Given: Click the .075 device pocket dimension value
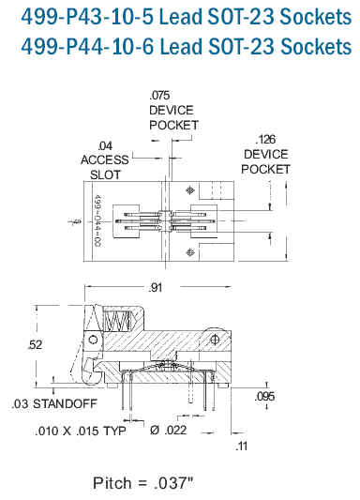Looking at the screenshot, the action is click(159, 96).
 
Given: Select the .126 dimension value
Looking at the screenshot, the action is click(265, 140).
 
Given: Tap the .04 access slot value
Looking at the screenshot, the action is click(105, 146).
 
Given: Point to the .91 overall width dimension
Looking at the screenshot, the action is click(156, 288).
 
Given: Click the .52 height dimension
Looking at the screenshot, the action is click(35, 344).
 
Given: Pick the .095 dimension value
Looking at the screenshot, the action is click(264, 397).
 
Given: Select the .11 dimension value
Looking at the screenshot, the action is click(242, 446).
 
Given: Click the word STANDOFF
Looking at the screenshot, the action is click(65, 403).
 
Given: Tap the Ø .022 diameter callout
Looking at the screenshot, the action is click(168, 431).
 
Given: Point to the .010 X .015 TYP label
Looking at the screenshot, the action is click(81, 432).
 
